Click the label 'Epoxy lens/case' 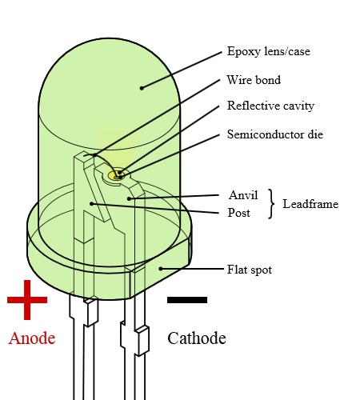coord(269,51)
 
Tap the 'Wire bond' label coord(254,80)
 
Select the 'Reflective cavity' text coord(270,106)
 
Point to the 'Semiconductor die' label coord(275,134)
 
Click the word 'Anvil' coord(243,195)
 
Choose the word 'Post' coord(239,213)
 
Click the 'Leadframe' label coord(310,204)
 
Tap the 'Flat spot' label coord(250,270)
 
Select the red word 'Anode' coord(32,338)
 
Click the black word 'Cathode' coord(197,338)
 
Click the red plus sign coord(27,300)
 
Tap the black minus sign coord(187,300)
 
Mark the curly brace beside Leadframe coord(271,204)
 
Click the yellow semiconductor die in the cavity coord(116,175)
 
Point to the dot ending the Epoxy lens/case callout coord(142,88)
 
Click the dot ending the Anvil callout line coord(129,198)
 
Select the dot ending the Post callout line coord(91,204)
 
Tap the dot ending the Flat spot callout coord(161,269)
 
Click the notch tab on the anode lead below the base coord(91,312)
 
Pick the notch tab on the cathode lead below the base coord(142,342)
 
